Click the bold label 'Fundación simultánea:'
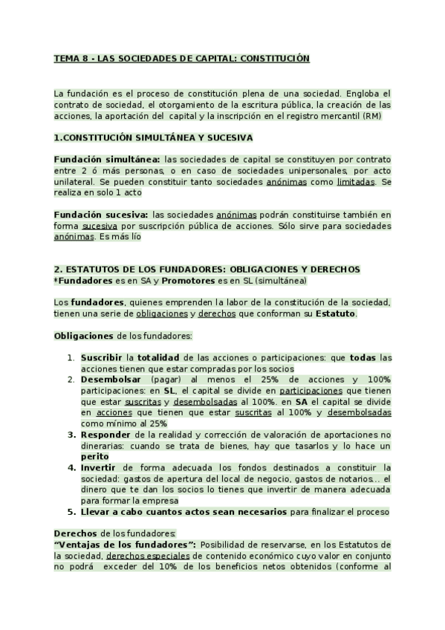click(107, 159)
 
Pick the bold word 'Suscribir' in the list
click(102, 357)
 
